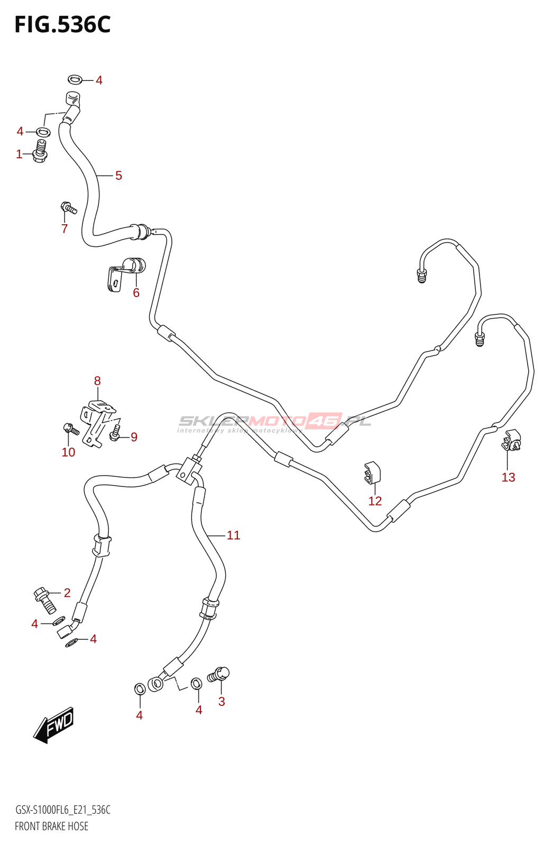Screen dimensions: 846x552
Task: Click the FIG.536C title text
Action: click(x=62, y=25)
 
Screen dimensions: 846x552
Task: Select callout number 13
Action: click(x=508, y=477)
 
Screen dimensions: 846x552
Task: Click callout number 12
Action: click(x=375, y=501)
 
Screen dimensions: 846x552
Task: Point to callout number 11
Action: click(x=233, y=536)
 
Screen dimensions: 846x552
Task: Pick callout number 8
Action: click(x=97, y=381)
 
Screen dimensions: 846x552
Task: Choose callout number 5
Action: click(x=118, y=176)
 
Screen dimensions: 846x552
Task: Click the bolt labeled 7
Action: click(x=69, y=208)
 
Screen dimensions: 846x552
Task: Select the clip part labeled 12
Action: click(x=372, y=472)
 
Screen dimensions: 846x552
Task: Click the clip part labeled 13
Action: click(x=511, y=441)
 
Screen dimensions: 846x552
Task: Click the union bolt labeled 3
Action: click(x=219, y=675)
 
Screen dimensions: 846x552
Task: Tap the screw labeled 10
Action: click(x=70, y=429)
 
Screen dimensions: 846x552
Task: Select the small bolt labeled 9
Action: click(x=114, y=435)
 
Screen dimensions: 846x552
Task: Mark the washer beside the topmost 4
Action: click(x=75, y=80)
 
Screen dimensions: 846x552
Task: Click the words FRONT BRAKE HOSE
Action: click(x=51, y=826)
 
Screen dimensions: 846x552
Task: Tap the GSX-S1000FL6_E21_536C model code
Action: click(x=62, y=810)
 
